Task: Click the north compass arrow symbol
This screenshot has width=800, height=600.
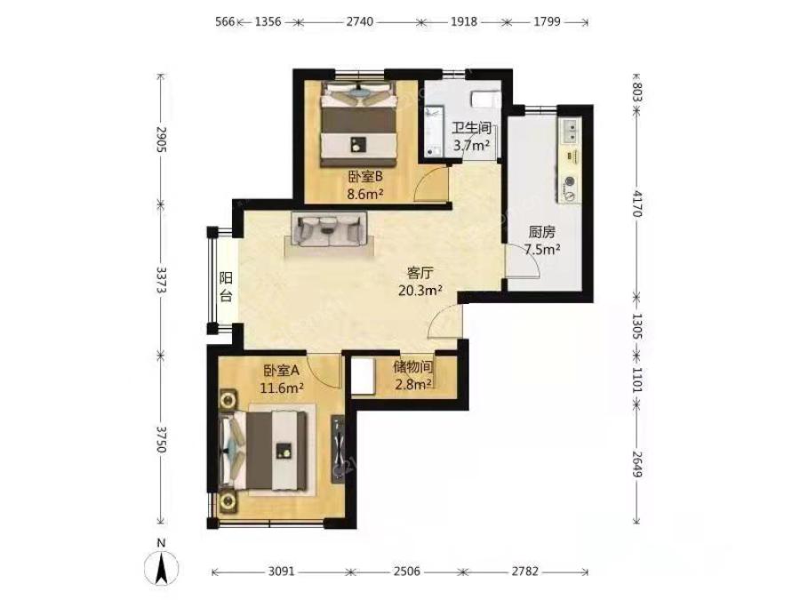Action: pyautogui.click(x=161, y=567)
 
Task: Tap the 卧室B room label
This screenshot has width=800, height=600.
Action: pyautogui.click(x=365, y=177)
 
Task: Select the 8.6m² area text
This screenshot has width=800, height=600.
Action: pyautogui.click(x=365, y=194)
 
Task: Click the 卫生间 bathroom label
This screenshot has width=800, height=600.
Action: pyautogui.click(x=472, y=127)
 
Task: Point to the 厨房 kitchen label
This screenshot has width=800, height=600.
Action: pyautogui.click(x=541, y=233)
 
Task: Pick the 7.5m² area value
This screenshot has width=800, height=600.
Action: pyautogui.click(x=543, y=250)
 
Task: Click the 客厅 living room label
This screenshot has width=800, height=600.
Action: pyautogui.click(x=420, y=273)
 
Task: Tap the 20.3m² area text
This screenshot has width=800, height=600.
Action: pyautogui.click(x=420, y=291)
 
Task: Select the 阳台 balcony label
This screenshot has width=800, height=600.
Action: pyautogui.click(x=226, y=287)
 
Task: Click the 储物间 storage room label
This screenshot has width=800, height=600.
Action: pyautogui.click(x=413, y=366)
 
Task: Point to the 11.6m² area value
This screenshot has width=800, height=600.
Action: pyautogui.click(x=282, y=388)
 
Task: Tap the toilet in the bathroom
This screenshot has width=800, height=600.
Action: pyautogui.click(x=485, y=100)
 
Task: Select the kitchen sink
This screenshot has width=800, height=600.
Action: pyautogui.click(x=570, y=130)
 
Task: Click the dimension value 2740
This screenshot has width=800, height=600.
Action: pyautogui.click(x=360, y=22)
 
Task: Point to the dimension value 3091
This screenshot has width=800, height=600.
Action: pyautogui.click(x=281, y=572)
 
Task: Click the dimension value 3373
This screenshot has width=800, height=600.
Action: pyautogui.click(x=161, y=280)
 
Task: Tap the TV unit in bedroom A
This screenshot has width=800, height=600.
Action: pyautogui.click(x=339, y=449)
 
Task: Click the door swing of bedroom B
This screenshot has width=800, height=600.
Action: pyautogui.click(x=431, y=184)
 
